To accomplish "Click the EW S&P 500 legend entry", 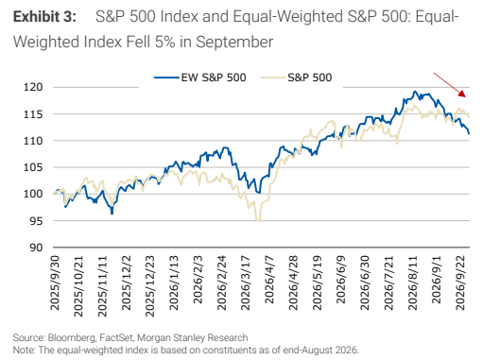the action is pos(200,77).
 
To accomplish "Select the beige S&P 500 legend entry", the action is pos(297,77).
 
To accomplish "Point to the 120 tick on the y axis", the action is pos(33,87).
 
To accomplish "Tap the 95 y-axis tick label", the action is pos(36,221).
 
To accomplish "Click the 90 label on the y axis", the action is pos(36,248).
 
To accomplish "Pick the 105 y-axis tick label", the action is pos(33,167).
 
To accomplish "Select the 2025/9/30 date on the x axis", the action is pos(55,283).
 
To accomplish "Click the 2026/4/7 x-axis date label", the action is pos(268,280).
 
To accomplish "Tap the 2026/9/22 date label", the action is pos(460,283).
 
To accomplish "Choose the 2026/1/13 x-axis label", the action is pos(174,283).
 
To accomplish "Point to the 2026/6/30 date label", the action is pos(365,283).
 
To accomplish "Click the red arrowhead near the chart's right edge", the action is pos(462,94).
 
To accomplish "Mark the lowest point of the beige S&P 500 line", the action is pos(259,221).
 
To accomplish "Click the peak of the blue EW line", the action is pos(415,92).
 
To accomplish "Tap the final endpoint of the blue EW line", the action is pos(469,133).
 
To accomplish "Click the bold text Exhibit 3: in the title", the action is pos(44,17).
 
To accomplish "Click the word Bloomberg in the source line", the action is pos(72,337).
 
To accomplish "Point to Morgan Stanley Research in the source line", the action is pos(193,337).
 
